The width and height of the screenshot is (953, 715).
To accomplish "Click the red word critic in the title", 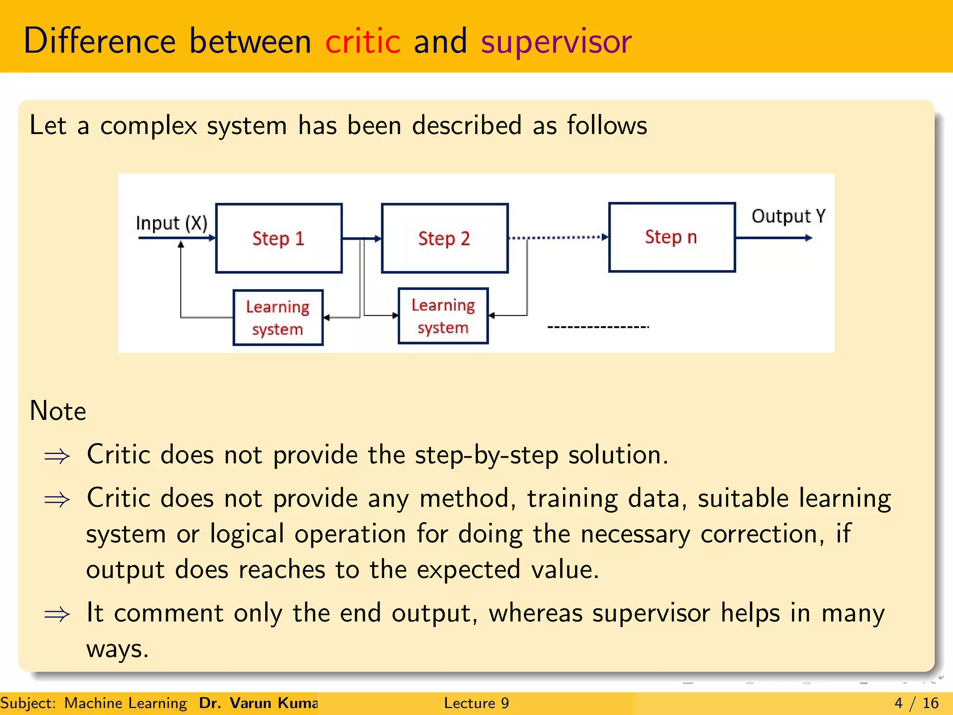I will click(362, 41).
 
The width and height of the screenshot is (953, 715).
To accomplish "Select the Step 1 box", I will click(279, 238).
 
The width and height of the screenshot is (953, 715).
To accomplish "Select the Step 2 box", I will click(444, 238).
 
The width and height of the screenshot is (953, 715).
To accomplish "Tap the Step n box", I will click(671, 237).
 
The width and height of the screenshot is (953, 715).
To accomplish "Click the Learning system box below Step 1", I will click(278, 317).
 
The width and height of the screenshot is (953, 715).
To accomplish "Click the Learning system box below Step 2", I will click(443, 316).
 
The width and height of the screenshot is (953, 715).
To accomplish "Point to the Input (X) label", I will click(171, 223).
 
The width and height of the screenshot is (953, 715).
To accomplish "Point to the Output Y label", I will click(788, 216).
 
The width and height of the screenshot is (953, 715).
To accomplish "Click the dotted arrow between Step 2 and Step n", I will click(558, 237).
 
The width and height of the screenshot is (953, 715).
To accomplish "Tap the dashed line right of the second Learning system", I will click(598, 327).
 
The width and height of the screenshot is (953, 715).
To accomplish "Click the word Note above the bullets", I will click(58, 411).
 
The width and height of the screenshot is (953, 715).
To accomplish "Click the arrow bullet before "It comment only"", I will click(57, 614).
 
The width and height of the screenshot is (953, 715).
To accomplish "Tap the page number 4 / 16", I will click(916, 703).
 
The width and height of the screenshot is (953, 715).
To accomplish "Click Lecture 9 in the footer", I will click(476, 703).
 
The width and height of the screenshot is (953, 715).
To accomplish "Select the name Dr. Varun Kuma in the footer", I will click(258, 703).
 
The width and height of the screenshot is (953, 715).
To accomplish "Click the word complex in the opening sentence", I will click(148, 126).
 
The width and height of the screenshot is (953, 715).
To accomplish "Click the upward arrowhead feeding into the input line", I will click(181, 244).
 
